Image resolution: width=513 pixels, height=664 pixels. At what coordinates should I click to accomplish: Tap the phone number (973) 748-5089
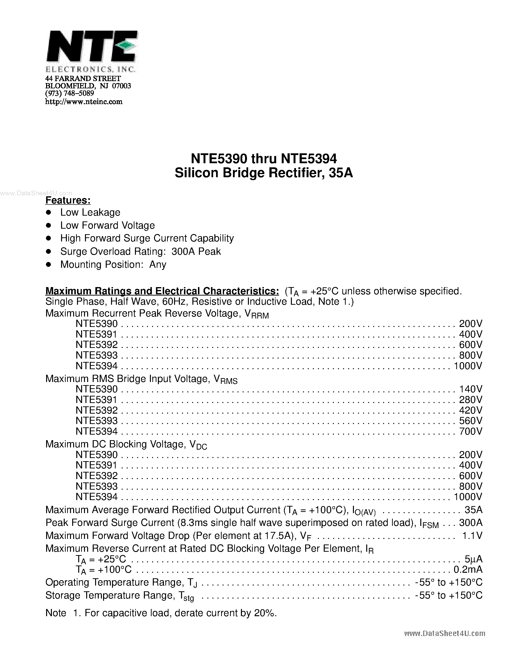70,93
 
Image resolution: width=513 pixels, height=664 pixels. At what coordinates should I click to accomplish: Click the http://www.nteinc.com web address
84,102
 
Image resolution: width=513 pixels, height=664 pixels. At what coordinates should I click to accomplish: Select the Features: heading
68,200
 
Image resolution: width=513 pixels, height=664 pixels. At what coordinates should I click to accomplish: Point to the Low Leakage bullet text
90,212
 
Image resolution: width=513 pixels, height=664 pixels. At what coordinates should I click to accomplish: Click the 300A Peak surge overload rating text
196,251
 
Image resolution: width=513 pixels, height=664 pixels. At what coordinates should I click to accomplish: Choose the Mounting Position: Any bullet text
113,264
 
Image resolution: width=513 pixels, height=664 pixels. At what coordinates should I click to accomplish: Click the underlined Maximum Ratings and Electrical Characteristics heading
162,291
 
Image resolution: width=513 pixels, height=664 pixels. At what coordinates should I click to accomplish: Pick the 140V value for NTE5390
471,389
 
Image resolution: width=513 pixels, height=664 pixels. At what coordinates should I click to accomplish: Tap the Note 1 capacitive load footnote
161,613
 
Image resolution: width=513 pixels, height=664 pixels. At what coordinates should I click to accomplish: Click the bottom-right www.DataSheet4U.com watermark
445,633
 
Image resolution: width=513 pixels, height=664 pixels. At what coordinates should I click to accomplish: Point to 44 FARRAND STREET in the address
83,78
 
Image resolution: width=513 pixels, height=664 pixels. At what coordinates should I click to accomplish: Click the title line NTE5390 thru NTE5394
263,158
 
